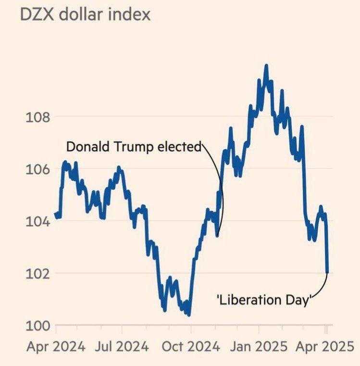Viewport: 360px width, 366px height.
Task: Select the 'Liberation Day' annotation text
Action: [262, 300]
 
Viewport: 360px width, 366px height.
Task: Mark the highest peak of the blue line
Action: [266, 65]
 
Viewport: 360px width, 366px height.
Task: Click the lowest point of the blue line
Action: [188, 315]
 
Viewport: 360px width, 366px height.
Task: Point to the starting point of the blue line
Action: [55, 214]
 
